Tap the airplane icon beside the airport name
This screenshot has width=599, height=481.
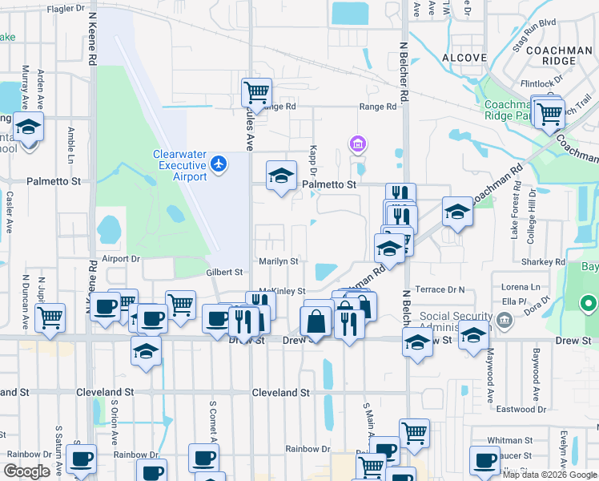(x=219, y=164)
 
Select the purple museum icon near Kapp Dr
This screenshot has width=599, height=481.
(x=358, y=144)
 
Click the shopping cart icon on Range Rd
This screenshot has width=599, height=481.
(x=256, y=92)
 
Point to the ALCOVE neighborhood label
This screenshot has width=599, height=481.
(x=464, y=58)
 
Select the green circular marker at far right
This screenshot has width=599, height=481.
(x=589, y=304)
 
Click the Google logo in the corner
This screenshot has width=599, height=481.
(x=26, y=471)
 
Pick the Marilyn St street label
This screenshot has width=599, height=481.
(x=278, y=261)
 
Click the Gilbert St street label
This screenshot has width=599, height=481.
(x=224, y=273)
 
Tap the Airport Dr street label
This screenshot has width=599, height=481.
(x=121, y=259)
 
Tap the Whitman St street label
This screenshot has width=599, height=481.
(x=509, y=440)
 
